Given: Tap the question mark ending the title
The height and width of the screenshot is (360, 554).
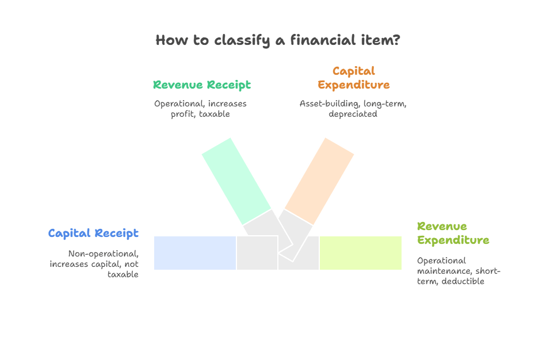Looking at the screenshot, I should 396,41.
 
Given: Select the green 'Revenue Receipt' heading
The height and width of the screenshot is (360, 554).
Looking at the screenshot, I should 202,85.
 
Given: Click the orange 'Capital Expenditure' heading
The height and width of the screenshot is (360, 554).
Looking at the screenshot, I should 353,78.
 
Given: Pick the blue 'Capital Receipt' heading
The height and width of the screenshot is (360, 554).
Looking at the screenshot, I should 93,233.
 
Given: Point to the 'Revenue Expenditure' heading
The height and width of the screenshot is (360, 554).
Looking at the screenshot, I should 453,233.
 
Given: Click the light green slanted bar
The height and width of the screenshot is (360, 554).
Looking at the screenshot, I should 235,179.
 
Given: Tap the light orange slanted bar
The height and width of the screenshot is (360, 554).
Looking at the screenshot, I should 319,180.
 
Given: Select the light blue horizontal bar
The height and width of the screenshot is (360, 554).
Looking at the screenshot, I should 195,252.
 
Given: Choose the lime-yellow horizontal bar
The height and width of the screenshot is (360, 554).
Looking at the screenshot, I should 361,252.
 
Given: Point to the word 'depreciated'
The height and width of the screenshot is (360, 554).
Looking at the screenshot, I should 353,114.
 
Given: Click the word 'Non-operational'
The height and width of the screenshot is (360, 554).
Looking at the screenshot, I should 103,254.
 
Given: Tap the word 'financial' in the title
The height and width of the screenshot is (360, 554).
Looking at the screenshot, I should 314,41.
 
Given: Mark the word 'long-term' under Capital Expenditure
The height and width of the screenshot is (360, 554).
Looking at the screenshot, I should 384,104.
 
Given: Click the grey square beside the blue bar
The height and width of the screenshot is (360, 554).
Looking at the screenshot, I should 257,252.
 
